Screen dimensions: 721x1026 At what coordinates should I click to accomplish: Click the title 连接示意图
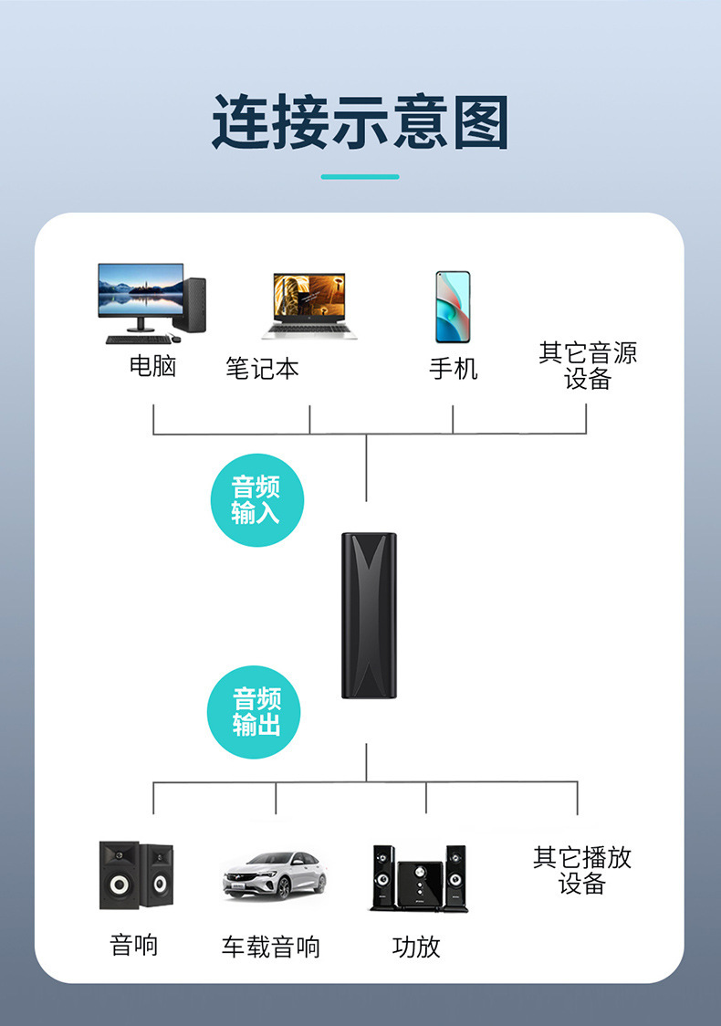tap(360, 122)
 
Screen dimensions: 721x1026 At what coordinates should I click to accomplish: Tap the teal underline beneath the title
tap(360, 177)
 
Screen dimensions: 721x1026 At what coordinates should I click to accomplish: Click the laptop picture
tap(309, 306)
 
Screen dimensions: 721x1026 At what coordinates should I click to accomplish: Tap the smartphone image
tap(453, 307)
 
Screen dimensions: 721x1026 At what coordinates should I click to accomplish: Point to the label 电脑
tap(152, 366)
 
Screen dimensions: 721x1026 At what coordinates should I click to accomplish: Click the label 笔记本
tap(262, 369)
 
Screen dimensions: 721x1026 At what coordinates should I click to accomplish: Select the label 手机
tap(453, 369)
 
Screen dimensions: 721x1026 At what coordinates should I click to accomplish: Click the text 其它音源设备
tap(588, 366)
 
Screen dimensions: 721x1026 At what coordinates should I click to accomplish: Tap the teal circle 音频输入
tap(257, 500)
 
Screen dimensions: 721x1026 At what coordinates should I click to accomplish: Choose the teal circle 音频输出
tap(254, 712)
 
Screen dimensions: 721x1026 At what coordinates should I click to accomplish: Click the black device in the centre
tap(369, 616)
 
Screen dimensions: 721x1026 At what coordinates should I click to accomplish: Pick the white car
tap(274, 875)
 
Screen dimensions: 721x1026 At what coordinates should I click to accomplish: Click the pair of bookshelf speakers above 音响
tap(136, 875)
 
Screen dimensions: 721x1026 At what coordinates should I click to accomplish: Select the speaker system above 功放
tap(419, 878)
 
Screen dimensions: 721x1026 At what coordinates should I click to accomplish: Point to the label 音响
tap(134, 946)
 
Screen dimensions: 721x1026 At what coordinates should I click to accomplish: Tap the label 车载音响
tap(270, 947)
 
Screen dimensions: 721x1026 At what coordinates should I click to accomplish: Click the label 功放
tap(416, 947)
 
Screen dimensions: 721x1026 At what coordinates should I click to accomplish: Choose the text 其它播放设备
tap(582, 870)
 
